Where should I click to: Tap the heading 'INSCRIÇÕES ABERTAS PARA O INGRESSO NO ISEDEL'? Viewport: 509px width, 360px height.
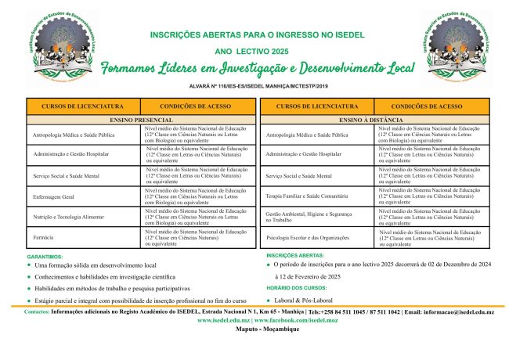(258, 34)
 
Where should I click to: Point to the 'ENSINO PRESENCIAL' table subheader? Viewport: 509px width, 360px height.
(142, 120)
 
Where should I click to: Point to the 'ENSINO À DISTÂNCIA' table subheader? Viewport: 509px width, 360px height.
(374, 120)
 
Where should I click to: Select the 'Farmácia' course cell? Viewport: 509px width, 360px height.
(44, 236)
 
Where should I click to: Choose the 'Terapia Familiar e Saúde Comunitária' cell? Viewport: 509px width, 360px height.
(306, 195)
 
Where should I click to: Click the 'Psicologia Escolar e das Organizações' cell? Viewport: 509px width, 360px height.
(306, 236)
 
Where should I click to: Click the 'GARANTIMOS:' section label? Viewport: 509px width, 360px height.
(45, 257)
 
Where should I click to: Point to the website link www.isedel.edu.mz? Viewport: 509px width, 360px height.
(223, 321)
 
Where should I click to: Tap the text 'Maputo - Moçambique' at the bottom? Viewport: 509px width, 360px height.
(257, 330)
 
